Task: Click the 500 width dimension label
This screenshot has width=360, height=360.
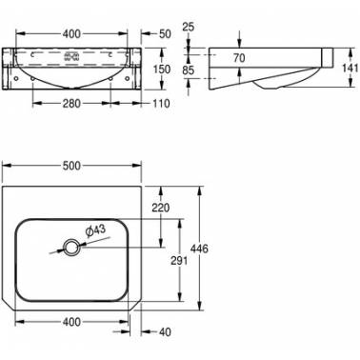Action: [71, 166]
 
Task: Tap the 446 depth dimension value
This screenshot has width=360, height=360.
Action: [200, 249]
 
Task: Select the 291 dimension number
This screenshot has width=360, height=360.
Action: [179, 261]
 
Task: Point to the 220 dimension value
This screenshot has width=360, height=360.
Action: [161, 208]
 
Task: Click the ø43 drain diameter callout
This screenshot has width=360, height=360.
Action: [95, 230]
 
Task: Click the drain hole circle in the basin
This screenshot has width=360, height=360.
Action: [70, 248]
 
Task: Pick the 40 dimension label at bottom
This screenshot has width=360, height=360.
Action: [165, 332]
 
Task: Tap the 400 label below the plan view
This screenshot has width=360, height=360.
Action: [71, 322]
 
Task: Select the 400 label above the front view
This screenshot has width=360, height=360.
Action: [71, 33]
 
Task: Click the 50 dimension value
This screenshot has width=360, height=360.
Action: [165, 33]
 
